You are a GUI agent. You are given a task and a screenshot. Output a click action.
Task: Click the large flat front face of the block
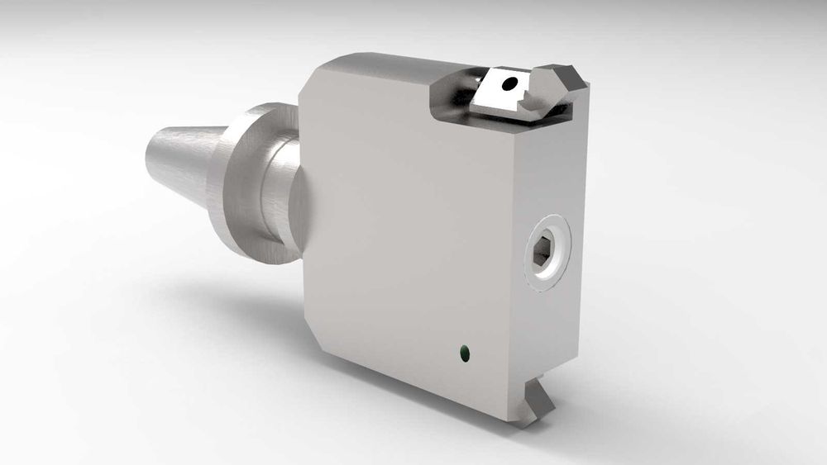pyautogui.click(x=405, y=223)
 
